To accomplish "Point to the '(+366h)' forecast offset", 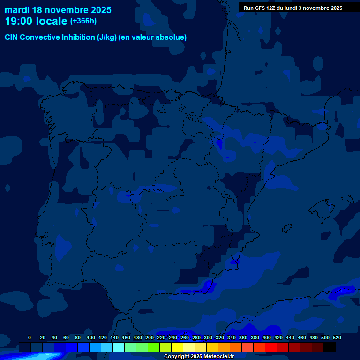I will pos(83,21).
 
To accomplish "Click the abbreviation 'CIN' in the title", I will pos(12,37).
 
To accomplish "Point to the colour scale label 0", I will pos(30,337).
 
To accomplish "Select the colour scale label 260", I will pos(185,337).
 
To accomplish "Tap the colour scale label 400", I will pos(267,337).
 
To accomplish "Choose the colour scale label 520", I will pos(337,337).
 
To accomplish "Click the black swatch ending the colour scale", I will pos(330,347).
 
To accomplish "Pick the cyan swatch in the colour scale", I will pos(119,347).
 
